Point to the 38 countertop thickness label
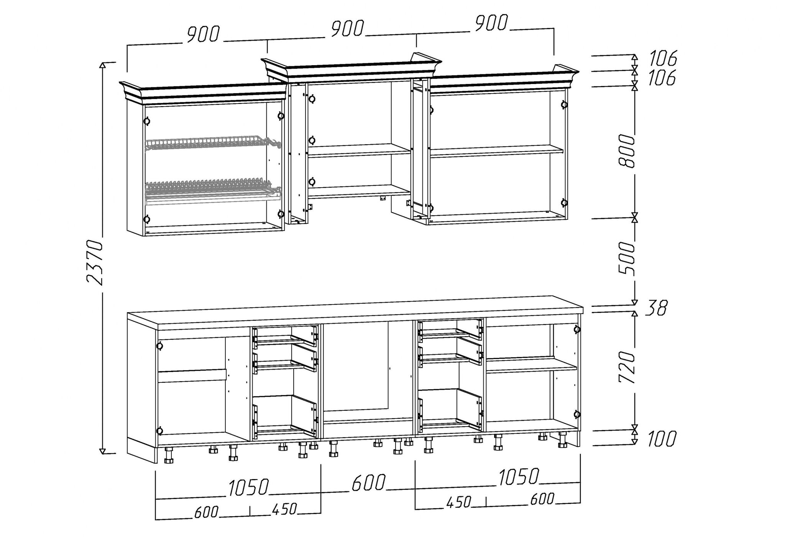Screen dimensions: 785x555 click(x=656, y=308)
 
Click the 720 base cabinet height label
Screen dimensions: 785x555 click(x=627, y=366)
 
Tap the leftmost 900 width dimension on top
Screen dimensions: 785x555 click(x=203, y=35)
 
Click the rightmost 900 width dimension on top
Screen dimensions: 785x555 click(x=491, y=23)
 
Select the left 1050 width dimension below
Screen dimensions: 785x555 click(x=249, y=487)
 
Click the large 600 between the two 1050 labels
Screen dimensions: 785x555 click(x=368, y=483)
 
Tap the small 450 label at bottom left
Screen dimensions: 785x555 click(x=284, y=509)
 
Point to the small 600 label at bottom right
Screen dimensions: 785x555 click(x=542, y=499)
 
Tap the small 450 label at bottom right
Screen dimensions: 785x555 click(x=459, y=502)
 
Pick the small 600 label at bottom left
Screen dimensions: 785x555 click(x=206, y=512)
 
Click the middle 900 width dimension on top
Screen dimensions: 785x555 click(x=347, y=29)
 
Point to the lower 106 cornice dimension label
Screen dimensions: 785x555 click(x=662, y=78)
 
